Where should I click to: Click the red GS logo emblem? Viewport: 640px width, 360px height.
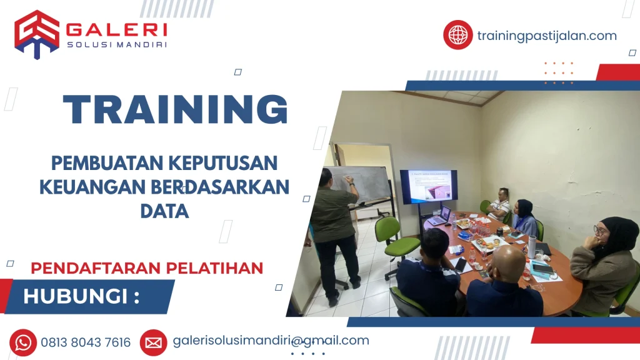37,34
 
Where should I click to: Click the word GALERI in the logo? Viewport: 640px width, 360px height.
116,29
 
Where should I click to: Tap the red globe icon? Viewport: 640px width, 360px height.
457,35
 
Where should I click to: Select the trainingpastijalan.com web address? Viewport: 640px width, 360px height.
546,36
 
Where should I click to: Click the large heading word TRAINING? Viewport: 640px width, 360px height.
176,109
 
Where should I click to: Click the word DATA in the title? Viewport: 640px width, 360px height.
164,211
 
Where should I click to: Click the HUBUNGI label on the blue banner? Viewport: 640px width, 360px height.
81,296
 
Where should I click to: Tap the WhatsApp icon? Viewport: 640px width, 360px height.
23,342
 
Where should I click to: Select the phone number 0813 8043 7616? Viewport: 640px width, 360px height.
86,342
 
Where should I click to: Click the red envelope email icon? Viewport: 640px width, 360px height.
153,342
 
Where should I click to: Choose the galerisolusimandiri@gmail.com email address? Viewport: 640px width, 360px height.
271,341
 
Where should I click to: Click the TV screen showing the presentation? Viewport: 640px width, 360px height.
428,187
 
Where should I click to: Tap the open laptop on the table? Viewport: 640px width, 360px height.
441,215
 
